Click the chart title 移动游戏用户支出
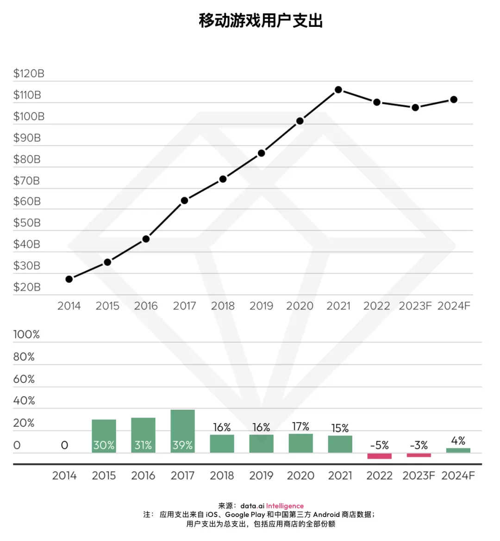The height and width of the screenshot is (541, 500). coord(261,21)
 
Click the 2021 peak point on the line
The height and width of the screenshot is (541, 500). coord(338,90)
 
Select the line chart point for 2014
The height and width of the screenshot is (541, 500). coord(69,279)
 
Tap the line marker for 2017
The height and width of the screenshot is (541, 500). coord(184,201)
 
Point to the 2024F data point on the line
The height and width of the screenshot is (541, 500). coord(454,99)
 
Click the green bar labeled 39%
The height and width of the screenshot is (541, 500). coord(182,431)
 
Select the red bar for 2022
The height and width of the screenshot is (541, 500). coord(379,456)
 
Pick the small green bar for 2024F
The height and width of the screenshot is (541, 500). coord(458,450)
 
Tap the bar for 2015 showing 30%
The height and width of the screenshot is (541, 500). coord(104,436)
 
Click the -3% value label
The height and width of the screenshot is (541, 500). coord(419,445)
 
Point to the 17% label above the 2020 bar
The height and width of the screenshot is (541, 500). coord(300,426)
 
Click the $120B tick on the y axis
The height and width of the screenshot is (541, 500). coord(29,74)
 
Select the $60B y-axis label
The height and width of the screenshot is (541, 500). coord(27,202)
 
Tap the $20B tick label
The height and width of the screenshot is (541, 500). coord(27,287)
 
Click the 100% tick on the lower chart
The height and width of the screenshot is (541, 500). coord(26,334)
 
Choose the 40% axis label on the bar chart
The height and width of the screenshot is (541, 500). coord(24,400)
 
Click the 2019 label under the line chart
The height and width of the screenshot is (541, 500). coord(261,306)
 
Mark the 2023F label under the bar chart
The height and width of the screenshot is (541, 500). coord(419,476)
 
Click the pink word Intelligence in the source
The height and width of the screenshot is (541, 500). coord(285,506)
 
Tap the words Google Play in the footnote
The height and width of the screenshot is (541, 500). coord(245,515)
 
